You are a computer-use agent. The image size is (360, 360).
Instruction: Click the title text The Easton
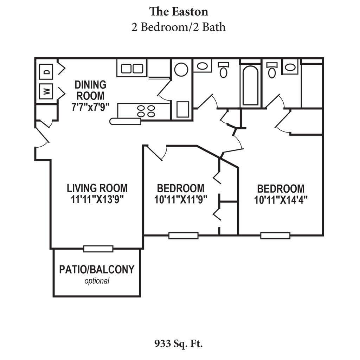pyautogui.click(x=179, y=12)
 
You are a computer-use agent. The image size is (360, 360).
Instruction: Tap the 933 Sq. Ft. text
pyautogui.click(x=179, y=344)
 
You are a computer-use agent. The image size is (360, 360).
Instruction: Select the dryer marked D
pyautogui.click(x=46, y=72)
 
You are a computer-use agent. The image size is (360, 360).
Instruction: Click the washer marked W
pyautogui.click(x=46, y=92)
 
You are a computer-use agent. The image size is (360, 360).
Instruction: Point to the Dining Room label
pyautogui.click(x=90, y=90)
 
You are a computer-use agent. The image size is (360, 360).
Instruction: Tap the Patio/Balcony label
pyautogui.click(x=97, y=270)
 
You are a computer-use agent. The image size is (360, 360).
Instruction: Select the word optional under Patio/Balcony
pyautogui.click(x=97, y=281)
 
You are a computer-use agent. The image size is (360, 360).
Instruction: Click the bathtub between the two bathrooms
pyautogui.click(x=250, y=85)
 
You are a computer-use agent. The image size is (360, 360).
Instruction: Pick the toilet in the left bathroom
pyautogui.click(x=223, y=70)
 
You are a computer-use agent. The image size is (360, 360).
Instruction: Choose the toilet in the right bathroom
pyautogui.click(x=272, y=70)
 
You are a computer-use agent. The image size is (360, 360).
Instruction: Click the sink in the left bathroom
pyautogui.click(x=202, y=66)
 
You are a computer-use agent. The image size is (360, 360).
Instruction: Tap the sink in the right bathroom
pyautogui.click(x=290, y=67)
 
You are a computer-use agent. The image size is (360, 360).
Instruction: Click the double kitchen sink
pyautogui.click(x=132, y=69)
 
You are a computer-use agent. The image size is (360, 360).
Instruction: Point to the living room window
pyautogui.click(x=98, y=249)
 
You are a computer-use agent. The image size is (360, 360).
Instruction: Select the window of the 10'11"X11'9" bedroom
pyautogui.click(x=183, y=236)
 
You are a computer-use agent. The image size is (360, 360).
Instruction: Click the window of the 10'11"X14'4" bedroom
pyautogui.click(x=275, y=236)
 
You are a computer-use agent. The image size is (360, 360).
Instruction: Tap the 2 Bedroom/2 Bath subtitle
pyautogui.click(x=179, y=27)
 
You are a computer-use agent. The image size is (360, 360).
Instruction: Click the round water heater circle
pyautogui.click(x=181, y=69)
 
